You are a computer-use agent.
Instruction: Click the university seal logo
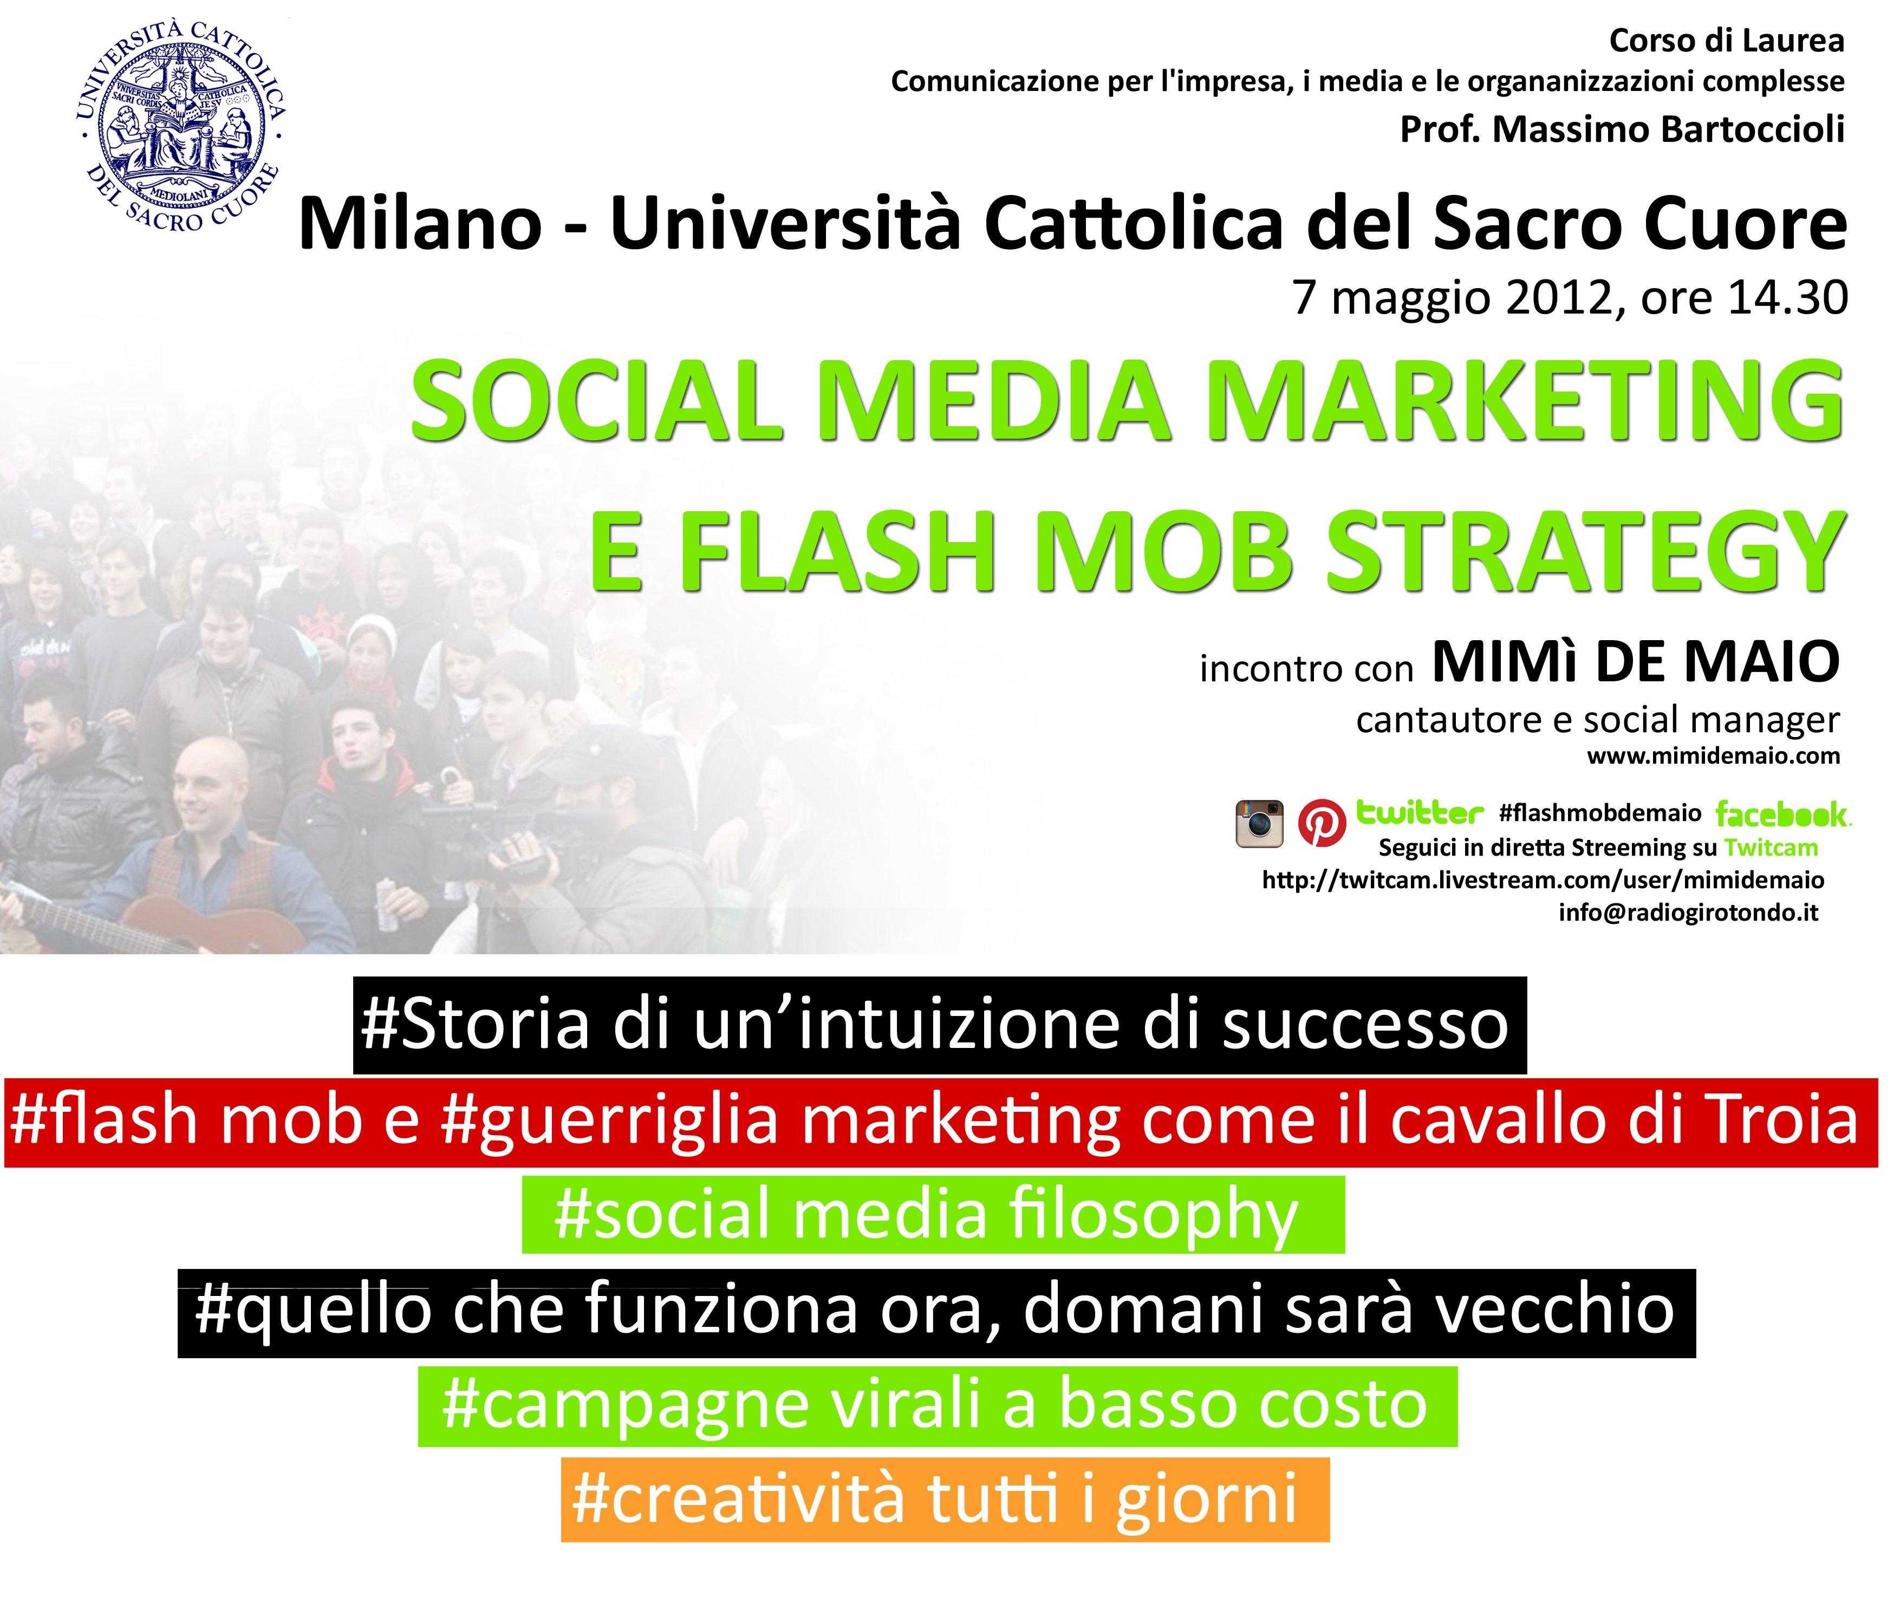click(180, 128)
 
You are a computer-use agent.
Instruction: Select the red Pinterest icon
click(1321, 823)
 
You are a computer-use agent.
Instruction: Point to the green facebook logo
click(1783, 813)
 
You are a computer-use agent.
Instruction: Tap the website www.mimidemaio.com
click(1713, 755)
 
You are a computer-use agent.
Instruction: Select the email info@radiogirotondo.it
click(1688, 913)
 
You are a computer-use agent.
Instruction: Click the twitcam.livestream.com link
click(1544, 880)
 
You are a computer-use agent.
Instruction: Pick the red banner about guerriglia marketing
click(941, 1121)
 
